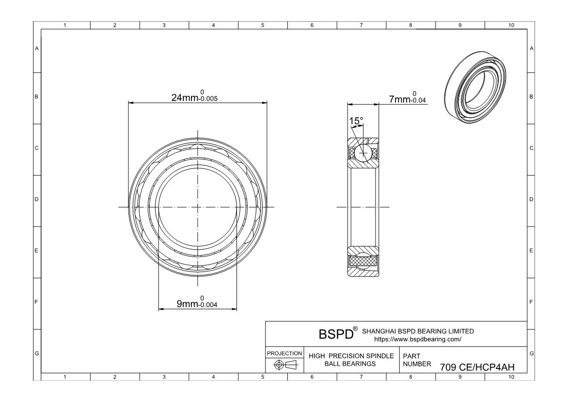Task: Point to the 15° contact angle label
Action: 356,121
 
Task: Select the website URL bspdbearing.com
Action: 418,339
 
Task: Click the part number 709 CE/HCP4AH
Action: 477,367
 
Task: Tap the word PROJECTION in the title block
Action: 284,353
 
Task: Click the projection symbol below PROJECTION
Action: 285,365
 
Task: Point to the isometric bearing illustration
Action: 475,88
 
